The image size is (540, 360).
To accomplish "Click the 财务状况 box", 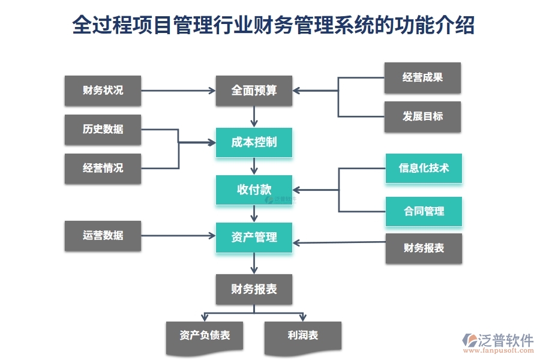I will (x=103, y=91).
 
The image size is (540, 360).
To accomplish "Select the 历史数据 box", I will (x=103, y=129).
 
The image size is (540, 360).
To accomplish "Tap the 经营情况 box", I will (x=103, y=168).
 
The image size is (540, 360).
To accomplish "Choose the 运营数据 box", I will (x=103, y=235).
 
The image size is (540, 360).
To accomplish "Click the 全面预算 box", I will (x=254, y=91).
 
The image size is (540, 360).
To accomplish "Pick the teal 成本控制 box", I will (x=254, y=142).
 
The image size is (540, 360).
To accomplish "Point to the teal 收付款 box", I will (x=254, y=190).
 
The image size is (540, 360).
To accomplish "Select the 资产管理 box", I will (x=254, y=237).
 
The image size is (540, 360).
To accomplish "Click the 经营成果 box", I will (x=422, y=77).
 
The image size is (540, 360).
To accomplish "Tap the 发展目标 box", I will (x=422, y=116).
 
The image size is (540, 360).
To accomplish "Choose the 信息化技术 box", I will (x=424, y=168).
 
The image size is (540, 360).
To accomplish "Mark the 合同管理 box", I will (x=424, y=211).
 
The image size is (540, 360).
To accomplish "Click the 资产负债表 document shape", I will (x=205, y=336).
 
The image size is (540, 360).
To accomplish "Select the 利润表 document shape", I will (x=302, y=336).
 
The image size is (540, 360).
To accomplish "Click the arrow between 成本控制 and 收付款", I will (x=254, y=166).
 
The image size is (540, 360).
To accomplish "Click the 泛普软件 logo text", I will (x=506, y=340).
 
